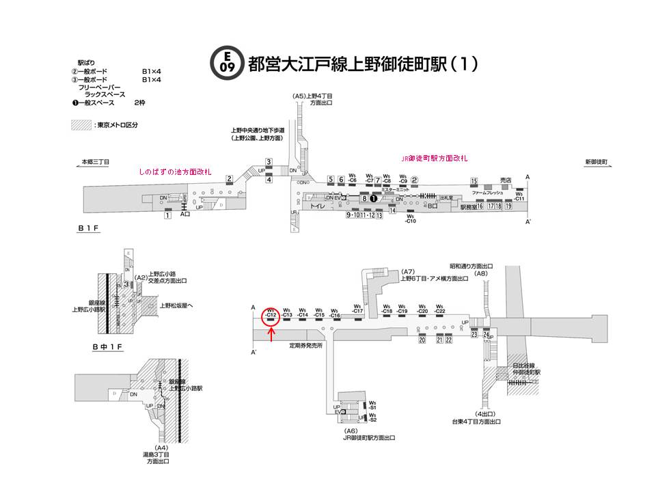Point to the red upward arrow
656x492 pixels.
tap(271, 334)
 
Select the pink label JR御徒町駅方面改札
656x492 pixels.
tap(434, 158)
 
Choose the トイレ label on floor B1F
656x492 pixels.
tap(317, 205)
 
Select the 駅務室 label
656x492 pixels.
tap(467, 206)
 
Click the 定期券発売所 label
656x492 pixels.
tap(305, 346)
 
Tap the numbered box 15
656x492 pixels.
tap(474, 180)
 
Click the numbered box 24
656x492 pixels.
tap(487, 335)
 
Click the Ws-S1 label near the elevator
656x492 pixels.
tap(372, 405)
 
